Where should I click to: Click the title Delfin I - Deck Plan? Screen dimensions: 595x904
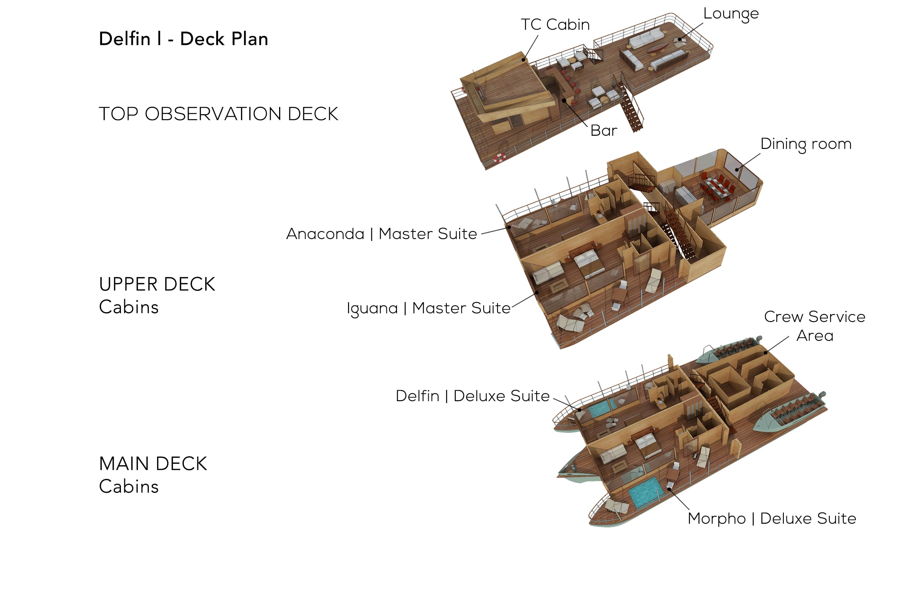[x=183, y=39]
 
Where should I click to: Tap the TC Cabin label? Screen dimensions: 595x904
[x=555, y=25]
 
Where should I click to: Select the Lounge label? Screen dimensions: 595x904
[x=731, y=14]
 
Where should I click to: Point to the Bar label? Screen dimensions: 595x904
[x=603, y=130]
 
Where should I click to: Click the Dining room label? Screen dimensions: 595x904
[x=806, y=144]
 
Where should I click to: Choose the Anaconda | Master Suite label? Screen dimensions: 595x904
[x=381, y=233]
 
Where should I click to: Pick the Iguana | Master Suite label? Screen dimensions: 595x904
[x=428, y=308]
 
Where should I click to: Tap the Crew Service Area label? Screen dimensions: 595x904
[x=814, y=326]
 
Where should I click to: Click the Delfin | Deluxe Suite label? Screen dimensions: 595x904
[x=472, y=396]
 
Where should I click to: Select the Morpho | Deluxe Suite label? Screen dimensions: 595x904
[x=772, y=518]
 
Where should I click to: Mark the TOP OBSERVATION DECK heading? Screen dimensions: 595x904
[x=218, y=113]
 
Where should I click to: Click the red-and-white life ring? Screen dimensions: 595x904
[x=499, y=157]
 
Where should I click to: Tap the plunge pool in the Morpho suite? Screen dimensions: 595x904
[x=646, y=492]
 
